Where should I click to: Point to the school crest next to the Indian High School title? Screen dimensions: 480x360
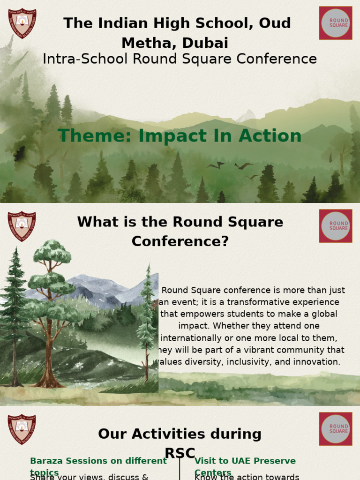22,23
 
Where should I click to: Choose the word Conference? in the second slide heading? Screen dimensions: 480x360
180,241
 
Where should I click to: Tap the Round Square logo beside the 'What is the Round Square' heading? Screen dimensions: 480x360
336,226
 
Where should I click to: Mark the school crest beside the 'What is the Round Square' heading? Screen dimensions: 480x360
22,226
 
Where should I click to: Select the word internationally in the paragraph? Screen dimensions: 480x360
192,338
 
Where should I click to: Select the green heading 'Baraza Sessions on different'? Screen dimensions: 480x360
98,461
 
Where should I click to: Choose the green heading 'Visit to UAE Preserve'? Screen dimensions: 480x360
245,461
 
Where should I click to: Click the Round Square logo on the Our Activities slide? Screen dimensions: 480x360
336,428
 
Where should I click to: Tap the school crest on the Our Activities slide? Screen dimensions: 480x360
22,428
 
